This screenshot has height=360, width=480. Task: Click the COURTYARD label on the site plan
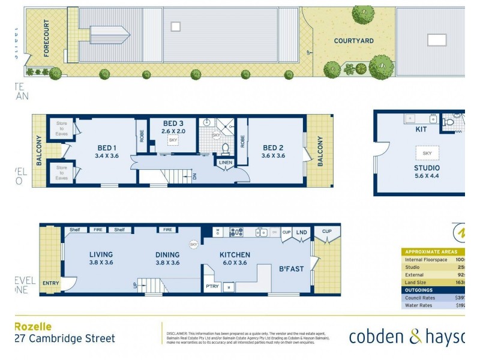[354, 41]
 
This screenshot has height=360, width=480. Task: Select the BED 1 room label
[107, 148]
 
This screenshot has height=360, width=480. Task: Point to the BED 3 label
[173, 124]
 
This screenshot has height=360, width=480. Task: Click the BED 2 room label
[273, 148]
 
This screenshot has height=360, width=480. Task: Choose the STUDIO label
[427, 167]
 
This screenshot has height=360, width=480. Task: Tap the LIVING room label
[101, 254]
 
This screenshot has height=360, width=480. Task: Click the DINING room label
[167, 254]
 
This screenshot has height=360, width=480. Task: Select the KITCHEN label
[235, 255]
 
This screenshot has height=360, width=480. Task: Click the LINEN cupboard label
[226, 163]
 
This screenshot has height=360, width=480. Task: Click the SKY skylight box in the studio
[427, 153]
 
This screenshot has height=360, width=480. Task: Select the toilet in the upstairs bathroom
[226, 147]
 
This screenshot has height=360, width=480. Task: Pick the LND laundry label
[301, 232]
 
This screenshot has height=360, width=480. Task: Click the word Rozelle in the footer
[32, 327]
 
